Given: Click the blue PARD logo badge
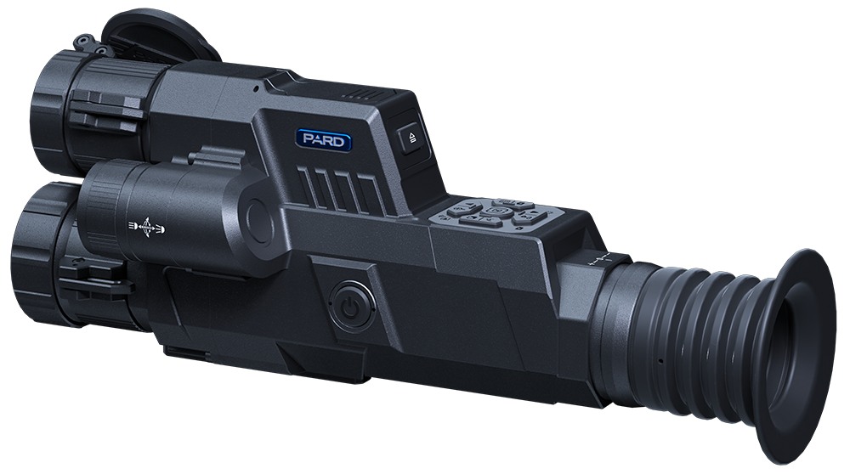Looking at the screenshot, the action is click(324, 140).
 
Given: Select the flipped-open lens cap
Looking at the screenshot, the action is click(161, 39).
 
